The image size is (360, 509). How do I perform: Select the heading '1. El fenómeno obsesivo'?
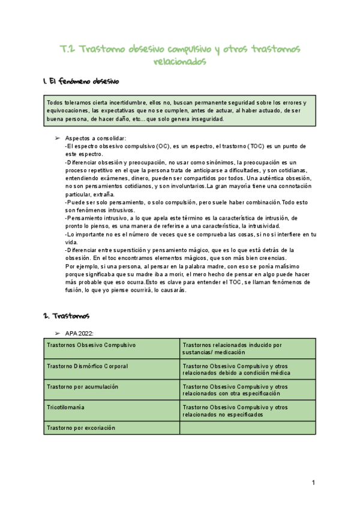tap(82, 80)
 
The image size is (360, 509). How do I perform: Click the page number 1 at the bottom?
tap(313, 483)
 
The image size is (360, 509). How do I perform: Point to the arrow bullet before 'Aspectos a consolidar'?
tap(57, 139)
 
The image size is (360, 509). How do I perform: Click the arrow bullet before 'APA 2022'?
tap(57, 333)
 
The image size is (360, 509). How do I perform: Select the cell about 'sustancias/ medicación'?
tap(247, 348)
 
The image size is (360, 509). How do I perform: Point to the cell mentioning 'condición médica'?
tap(247, 369)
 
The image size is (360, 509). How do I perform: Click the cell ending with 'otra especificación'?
tap(247, 390)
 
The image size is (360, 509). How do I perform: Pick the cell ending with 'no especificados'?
tap(247, 411)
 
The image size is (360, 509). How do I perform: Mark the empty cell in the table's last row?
tap(247, 427)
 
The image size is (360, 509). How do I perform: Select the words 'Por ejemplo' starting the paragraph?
tap(79, 266)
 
